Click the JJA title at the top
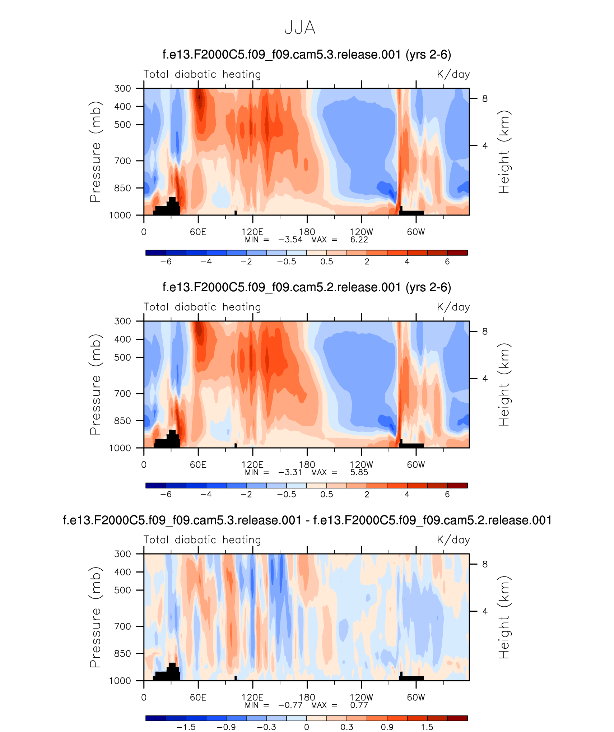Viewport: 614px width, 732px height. point(300,28)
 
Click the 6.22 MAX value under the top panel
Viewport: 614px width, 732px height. point(359,240)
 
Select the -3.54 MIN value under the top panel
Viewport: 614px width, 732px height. point(290,240)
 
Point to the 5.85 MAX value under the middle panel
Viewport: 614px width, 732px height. point(359,472)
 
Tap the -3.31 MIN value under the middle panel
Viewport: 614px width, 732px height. point(290,472)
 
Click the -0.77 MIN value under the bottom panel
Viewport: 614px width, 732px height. point(290,705)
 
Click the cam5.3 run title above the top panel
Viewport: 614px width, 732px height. point(307,55)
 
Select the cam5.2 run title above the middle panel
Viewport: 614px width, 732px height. point(307,287)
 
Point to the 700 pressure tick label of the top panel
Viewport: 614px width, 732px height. point(122,161)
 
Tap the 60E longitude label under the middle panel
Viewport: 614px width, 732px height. point(198,465)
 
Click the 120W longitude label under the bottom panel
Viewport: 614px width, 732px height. point(361,697)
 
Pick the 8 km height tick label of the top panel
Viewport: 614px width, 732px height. point(485,99)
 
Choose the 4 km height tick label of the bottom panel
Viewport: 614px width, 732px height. point(485,611)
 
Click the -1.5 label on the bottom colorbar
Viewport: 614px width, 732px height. point(186,727)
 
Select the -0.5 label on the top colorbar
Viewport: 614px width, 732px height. point(287,261)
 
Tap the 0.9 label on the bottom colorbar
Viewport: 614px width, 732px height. point(387,727)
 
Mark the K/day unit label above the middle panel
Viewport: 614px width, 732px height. point(453,307)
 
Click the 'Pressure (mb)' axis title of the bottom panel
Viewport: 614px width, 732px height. point(95,617)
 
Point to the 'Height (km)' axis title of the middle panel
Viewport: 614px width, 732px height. point(504,384)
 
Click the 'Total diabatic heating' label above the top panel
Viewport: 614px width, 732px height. point(202,74)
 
